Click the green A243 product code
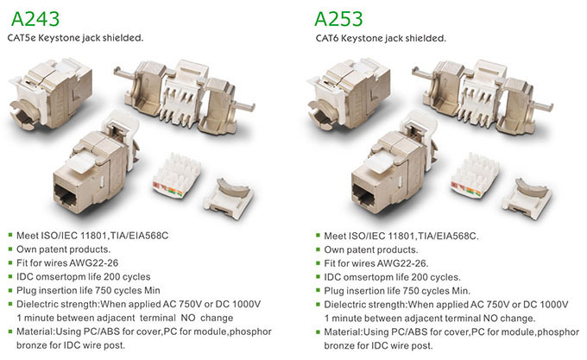pyautogui.click(x=35, y=19)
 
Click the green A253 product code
pyautogui.click(x=338, y=19)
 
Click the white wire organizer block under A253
pyautogui.click(x=475, y=174)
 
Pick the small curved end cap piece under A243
pyautogui.click(x=229, y=198)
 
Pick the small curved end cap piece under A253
pyautogui.click(x=527, y=198)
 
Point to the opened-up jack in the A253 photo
pyautogui.click(x=483, y=98)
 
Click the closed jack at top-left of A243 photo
pyautogui.click(x=51, y=93)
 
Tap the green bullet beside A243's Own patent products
pyautogui.click(x=10, y=249)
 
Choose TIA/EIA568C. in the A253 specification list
pyautogui.click(x=448, y=237)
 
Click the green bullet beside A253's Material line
pyautogui.click(x=319, y=332)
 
